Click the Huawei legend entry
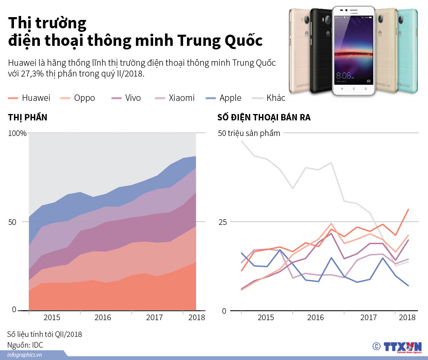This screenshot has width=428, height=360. coord(30,98)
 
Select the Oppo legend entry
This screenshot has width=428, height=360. coord(77,98)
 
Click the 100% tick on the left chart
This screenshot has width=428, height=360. coord(17,134)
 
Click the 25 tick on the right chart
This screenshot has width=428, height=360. coord(222,222)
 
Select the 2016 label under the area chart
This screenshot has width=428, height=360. coord(103,318)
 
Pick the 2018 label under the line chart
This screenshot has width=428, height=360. coord(407,318)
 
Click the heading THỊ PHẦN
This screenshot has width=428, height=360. coord(28,118)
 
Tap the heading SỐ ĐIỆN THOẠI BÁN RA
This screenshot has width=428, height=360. coord(264,118)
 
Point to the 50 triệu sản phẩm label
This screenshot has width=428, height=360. coord(249,133)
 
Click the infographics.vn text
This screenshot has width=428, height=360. coord(25,355)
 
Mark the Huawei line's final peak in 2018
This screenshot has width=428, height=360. coord(408,209)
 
